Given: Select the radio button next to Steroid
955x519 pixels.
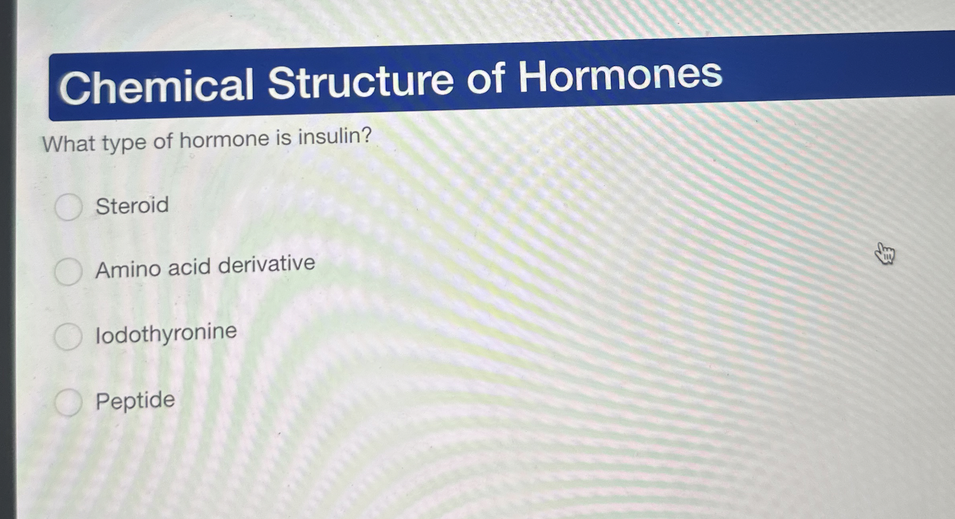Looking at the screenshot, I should (69, 207).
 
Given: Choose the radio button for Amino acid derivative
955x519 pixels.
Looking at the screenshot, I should (68, 271).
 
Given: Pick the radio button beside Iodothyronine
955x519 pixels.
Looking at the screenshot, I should (68, 336).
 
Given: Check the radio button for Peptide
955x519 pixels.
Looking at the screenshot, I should (69, 402).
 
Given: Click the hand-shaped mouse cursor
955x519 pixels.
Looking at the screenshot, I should (884, 254).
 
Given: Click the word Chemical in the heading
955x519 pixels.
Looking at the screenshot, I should (157, 86).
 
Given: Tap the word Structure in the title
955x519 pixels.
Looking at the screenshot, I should (360, 82).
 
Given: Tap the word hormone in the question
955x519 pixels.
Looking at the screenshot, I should (224, 140).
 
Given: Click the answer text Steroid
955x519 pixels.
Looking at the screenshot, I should (132, 206).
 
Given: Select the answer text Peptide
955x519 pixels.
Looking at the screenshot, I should (135, 400).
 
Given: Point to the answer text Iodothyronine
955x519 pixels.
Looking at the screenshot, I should (166, 334).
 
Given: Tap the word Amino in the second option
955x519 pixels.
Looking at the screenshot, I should (128, 269).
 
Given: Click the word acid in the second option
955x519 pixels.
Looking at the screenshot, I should (189, 267).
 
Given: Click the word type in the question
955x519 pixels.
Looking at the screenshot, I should (124, 143).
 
